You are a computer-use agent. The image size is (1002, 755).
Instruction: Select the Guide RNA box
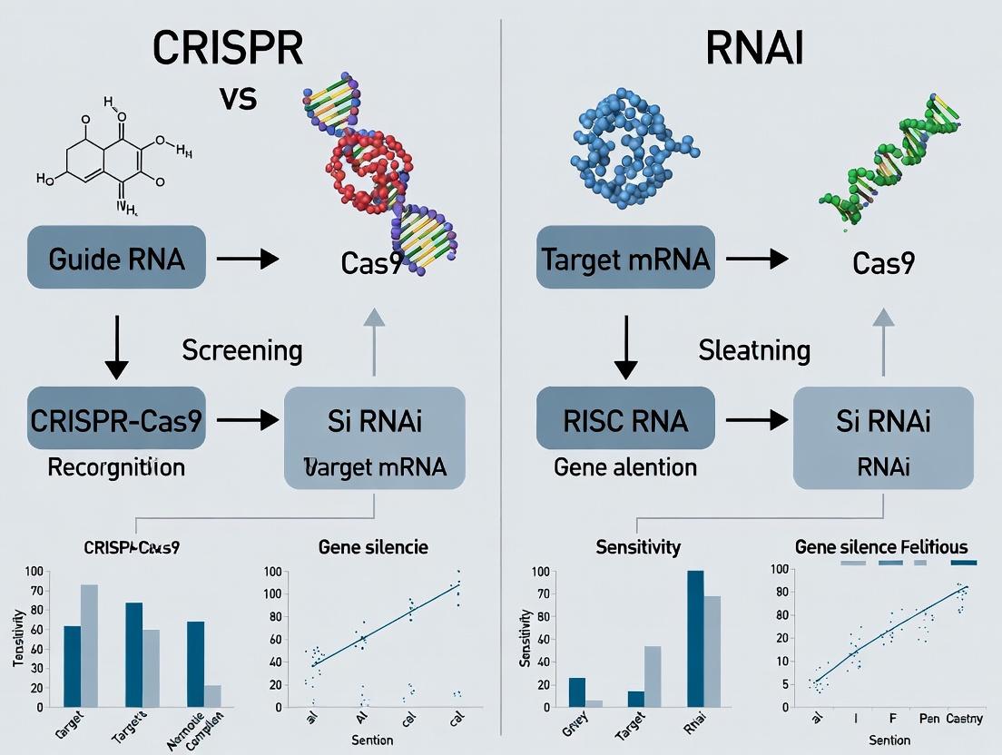[x=114, y=258]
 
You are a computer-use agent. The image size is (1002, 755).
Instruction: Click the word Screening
[x=242, y=350]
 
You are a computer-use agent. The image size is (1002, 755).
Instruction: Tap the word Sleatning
[x=753, y=350]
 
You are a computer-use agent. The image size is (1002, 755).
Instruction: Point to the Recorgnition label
[x=115, y=467]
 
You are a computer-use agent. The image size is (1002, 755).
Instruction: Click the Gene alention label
[x=625, y=467]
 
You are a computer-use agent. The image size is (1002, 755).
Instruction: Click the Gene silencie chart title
[x=373, y=547]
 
